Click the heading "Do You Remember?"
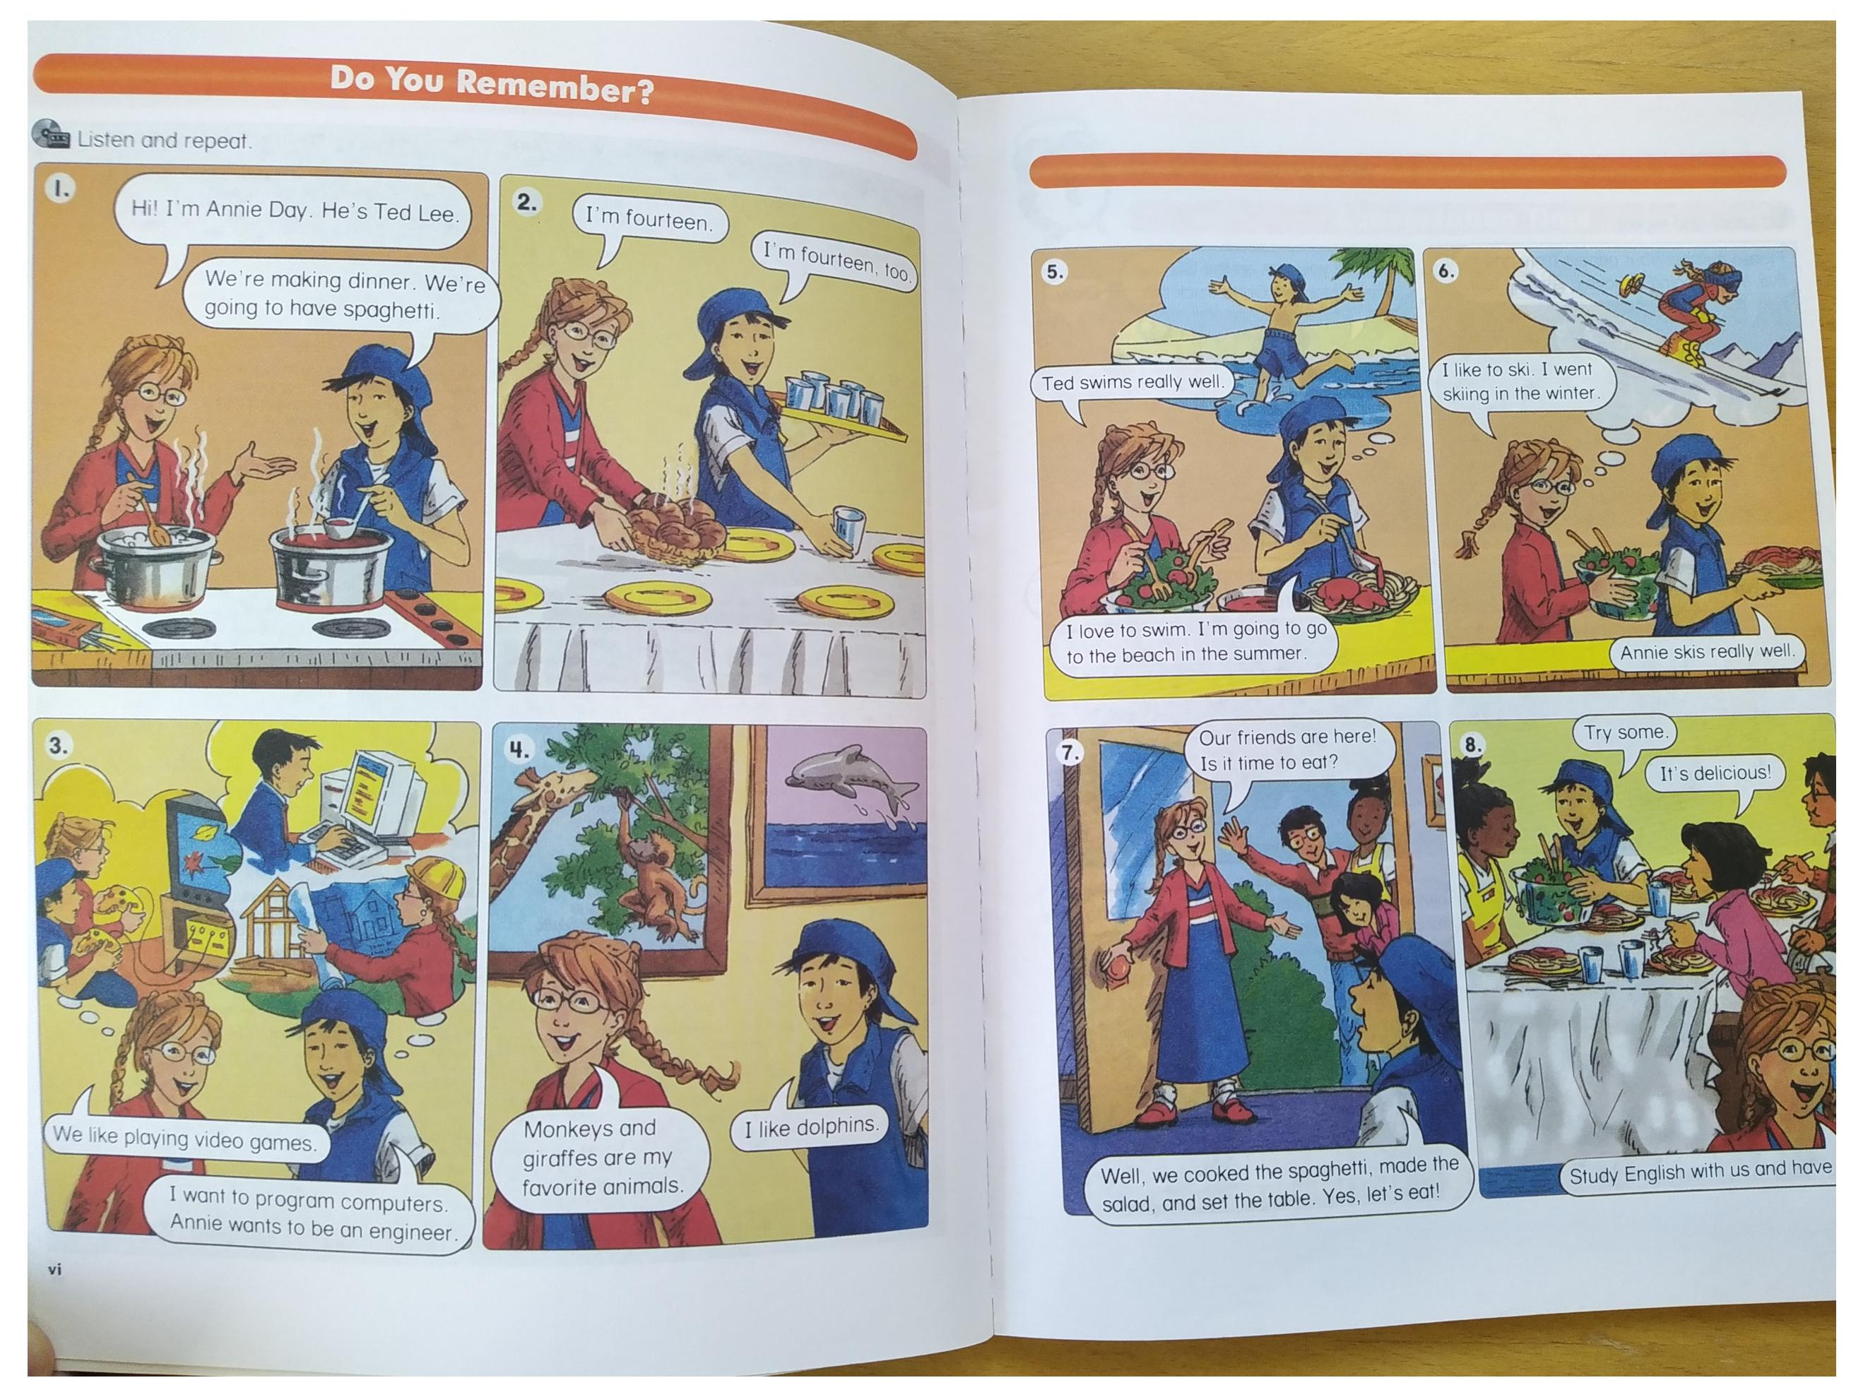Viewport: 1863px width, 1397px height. [x=492, y=85]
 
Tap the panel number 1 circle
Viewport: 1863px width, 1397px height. [x=61, y=189]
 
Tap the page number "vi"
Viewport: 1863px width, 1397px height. [x=54, y=1269]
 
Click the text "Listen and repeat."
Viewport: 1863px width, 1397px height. [x=164, y=140]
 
